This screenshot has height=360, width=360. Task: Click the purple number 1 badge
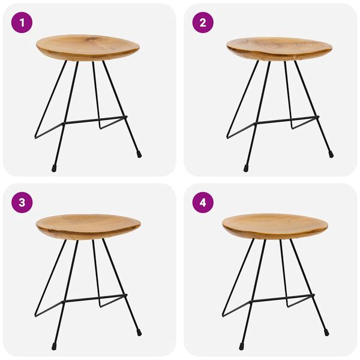point(22,23)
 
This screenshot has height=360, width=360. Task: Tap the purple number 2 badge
point(203,23)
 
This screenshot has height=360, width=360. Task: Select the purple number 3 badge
point(22,202)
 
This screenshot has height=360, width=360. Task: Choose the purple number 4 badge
point(203,202)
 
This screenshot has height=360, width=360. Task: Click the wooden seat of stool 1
point(88,47)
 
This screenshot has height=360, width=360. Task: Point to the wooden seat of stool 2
point(279,48)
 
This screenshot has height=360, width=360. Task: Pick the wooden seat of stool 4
point(275,226)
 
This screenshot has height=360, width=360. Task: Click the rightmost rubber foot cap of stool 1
point(139,154)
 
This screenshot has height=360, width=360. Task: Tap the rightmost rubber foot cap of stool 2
point(331,154)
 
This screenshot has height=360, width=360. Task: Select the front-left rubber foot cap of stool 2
point(246,168)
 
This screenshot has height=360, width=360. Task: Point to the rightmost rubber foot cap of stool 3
point(139,332)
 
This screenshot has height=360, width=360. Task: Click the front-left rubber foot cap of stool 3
point(54,346)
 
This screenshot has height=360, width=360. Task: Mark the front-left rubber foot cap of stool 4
point(241,346)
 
